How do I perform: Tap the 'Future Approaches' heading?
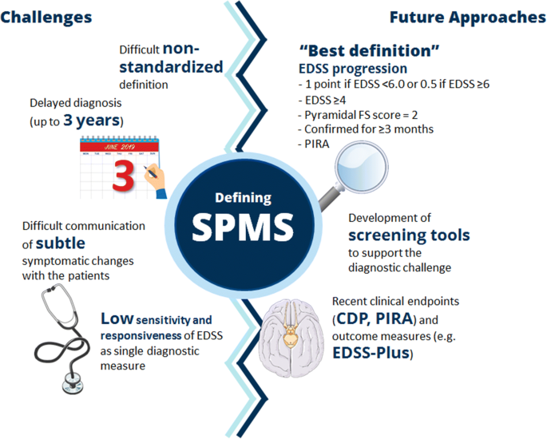coord(468,18)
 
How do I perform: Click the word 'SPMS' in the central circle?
coord(243,227)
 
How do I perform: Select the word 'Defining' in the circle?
coord(243,198)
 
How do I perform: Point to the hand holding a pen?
coord(155,180)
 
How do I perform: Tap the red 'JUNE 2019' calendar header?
coord(119,147)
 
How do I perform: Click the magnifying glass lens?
coord(362,167)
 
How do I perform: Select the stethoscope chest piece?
coord(73,383)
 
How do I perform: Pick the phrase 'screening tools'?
coord(409,235)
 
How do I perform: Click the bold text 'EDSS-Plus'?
coord(371,353)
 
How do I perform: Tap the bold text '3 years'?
coord(91,121)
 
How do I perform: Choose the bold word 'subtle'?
coord(61,243)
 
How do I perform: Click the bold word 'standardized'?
coord(171,66)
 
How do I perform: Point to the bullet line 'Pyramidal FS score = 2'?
coord(358,115)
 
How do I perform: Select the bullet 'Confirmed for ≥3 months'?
coord(366,129)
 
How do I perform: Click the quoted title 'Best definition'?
coord(369,51)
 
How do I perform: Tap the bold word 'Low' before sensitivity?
coord(117,318)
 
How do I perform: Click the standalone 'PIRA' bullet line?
coord(314,144)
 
